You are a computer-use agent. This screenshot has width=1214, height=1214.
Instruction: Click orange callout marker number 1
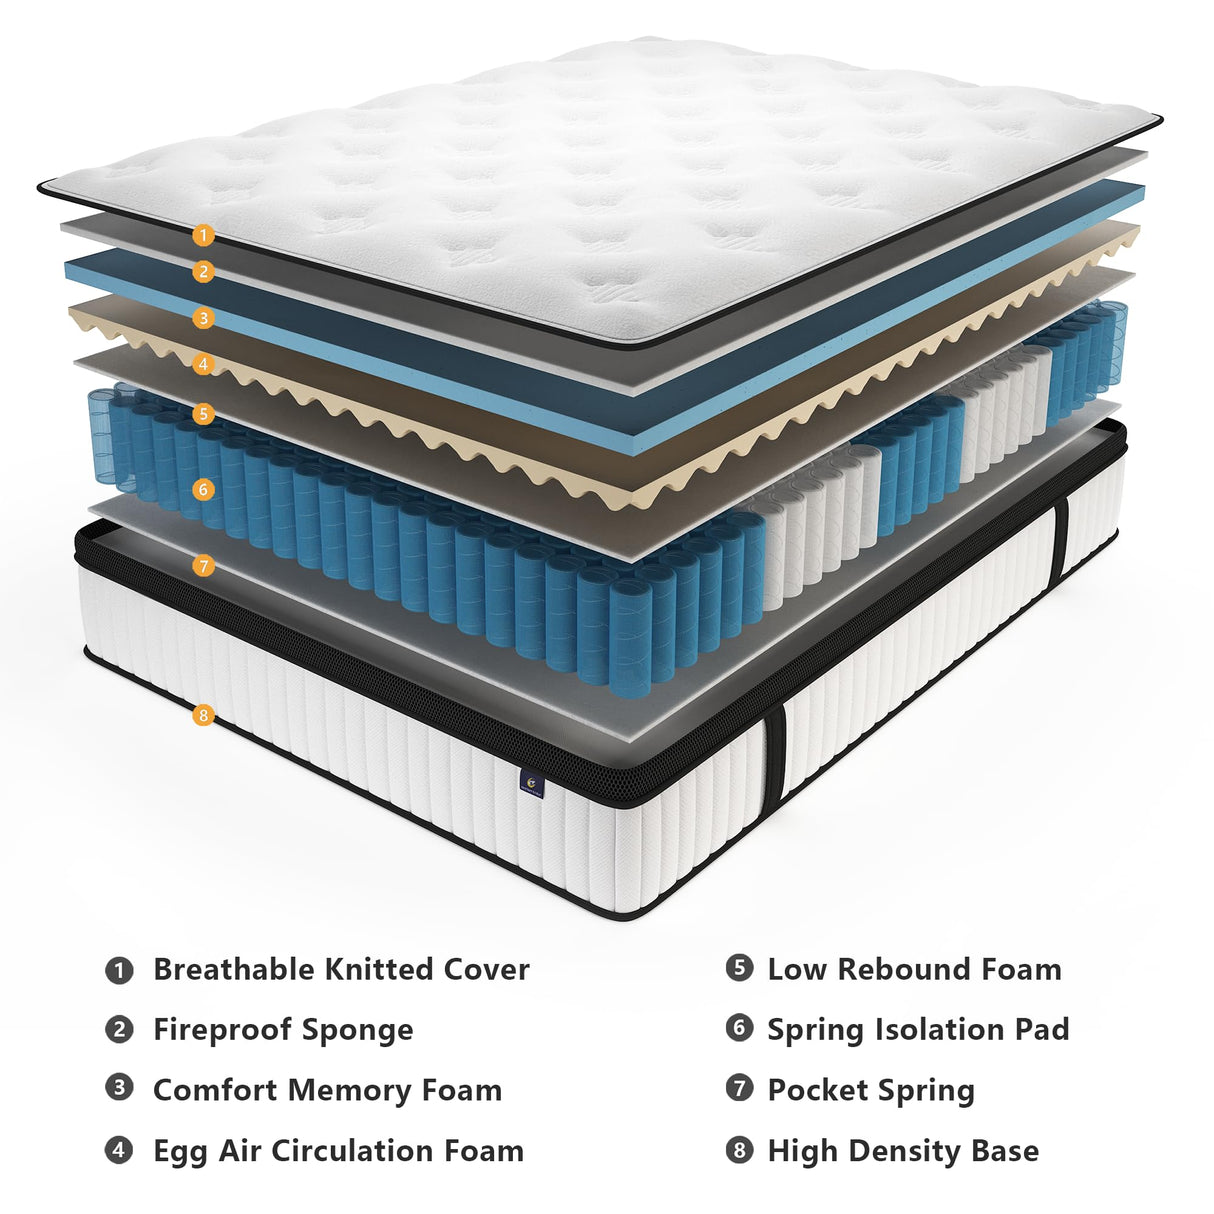click(x=203, y=236)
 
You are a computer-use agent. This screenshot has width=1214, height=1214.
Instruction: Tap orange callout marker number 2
click(x=203, y=272)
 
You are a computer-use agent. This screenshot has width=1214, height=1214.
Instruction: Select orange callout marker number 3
click(x=203, y=319)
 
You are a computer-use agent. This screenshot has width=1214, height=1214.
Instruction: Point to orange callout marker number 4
click(x=203, y=364)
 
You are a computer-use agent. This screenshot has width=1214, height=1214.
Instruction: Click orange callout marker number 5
click(x=203, y=413)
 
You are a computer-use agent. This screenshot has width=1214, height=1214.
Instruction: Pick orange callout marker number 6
click(x=203, y=489)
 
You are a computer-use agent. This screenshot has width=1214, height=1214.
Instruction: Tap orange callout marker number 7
click(x=203, y=566)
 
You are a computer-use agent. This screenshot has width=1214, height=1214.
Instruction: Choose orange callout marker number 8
click(x=203, y=715)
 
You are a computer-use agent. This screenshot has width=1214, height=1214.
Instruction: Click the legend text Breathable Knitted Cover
click(x=341, y=970)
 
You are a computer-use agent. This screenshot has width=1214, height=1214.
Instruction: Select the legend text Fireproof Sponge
click(x=283, y=1030)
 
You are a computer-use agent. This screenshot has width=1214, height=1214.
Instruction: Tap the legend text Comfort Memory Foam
click(x=327, y=1090)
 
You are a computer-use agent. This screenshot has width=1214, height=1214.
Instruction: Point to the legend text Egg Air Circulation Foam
click(x=338, y=1151)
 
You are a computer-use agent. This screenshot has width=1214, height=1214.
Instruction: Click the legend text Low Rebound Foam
click(x=914, y=969)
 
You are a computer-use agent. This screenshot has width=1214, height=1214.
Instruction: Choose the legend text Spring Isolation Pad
click(x=918, y=1030)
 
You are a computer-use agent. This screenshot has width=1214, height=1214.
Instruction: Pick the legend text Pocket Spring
click(x=871, y=1090)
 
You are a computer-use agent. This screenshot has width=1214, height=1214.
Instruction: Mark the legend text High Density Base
click(x=903, y=1151)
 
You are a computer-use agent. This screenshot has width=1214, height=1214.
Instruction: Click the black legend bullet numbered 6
click(x=739, y=1027)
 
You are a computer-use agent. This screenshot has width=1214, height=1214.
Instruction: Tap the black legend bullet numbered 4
click(x=119, y=1149)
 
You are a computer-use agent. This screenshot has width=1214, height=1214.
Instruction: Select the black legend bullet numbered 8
click(x=739, y=1150)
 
